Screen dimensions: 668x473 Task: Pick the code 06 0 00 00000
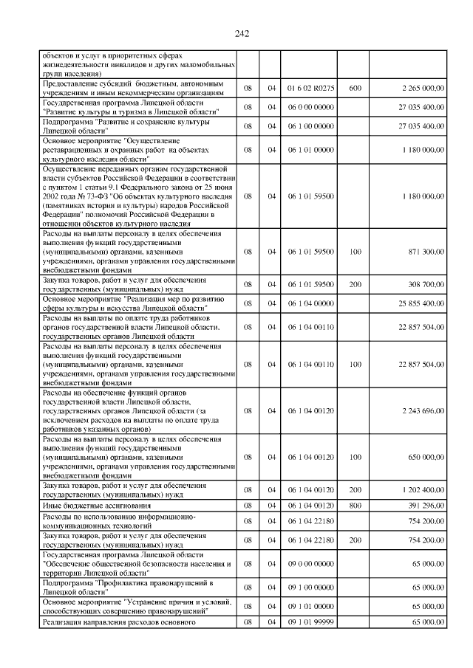pos(311,107)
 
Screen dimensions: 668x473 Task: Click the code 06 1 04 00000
pos(311,302)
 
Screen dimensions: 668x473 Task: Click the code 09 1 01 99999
pos(311,623)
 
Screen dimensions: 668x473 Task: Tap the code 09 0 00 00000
pos(311,563)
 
